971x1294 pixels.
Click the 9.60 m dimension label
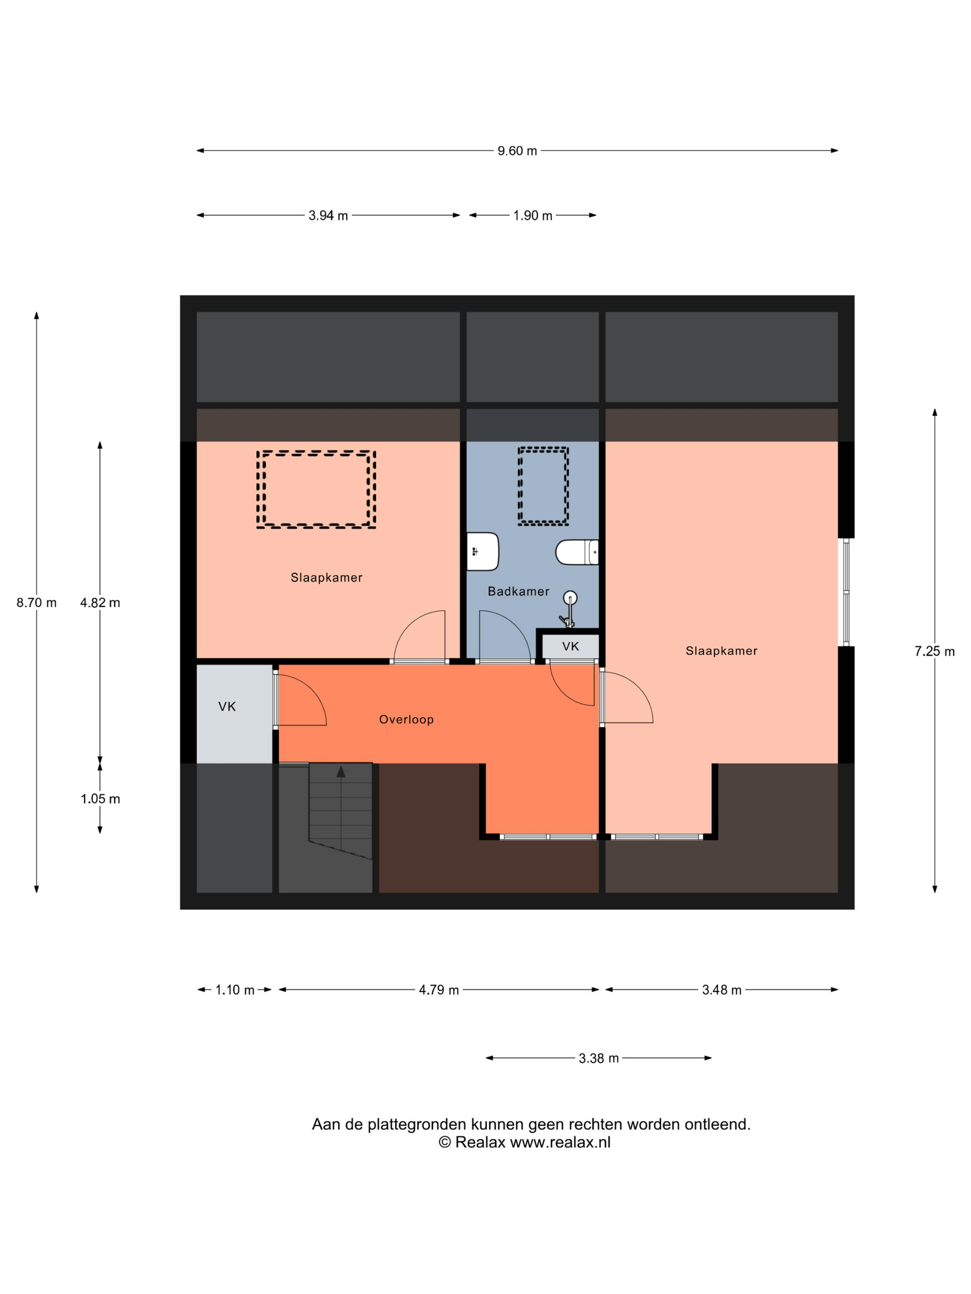(x=517, y=151)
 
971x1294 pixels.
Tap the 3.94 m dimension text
(x=328, y=216)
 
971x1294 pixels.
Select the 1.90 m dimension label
(x=533, y=216)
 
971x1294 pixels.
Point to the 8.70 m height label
(x=36, y=603)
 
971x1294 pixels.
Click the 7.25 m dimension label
(x=935, y=652)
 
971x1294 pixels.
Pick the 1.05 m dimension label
(x=100, y=799)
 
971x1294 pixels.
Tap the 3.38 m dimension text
(x=599, y=1058)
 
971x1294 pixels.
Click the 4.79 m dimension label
(x=439, y=990)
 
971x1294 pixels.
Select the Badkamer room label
(x=519, y=592)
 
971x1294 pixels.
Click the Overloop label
(x=406, y=720)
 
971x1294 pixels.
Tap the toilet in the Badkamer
(x=577, y=552)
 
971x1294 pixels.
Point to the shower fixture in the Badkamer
(x=568, y=609)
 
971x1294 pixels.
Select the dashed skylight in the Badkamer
(x=543, y=486)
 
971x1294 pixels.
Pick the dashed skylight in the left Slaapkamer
(x=316, y=489)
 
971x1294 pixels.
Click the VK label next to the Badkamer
(x=571, y=647)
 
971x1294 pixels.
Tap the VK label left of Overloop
(x=227, y=707)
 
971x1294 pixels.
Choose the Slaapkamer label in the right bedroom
(x=722, y=651)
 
